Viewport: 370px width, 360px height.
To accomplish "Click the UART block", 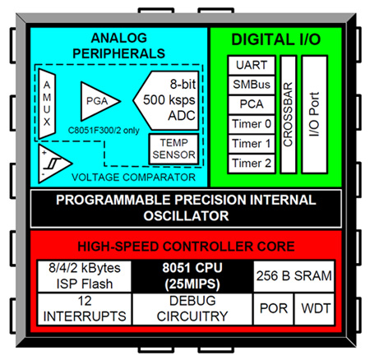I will coord(250,64).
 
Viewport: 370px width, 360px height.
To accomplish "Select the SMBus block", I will coord(250,85).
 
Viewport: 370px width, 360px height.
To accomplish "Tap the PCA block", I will coord(250,104).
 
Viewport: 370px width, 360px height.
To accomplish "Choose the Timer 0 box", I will coord(250,124).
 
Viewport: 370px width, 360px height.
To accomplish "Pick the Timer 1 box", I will coord(250,144).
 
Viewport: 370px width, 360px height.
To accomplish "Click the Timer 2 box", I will coord(250,164).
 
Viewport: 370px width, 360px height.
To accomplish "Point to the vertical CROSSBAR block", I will coord(288,113).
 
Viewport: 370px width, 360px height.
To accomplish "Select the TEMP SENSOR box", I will coord(171,149).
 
